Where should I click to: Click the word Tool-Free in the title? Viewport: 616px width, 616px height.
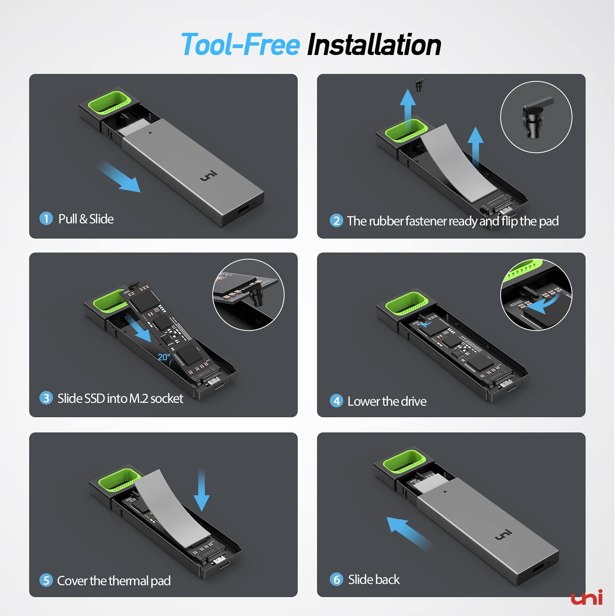pos(241,44)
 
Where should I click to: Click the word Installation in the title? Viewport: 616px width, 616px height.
pos(374,44)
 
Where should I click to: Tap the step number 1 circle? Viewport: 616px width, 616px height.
pos(46,218)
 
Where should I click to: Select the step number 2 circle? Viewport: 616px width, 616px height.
pos(336,221)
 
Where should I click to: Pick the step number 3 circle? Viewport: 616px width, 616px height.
pos(46,398)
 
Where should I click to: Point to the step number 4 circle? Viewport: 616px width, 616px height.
pos(337,401)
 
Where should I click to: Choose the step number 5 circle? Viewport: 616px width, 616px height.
pos(46,580)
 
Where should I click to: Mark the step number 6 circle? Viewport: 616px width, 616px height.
pos(336,579)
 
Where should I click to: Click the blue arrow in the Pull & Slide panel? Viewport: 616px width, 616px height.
pos(119,177)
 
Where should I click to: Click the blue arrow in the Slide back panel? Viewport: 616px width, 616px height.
pos(409,533)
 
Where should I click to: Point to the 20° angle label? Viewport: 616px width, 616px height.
pos(163,357)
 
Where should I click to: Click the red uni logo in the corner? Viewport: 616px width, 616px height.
pos(587,598)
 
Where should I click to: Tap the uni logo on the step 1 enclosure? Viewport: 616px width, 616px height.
pos(209,176)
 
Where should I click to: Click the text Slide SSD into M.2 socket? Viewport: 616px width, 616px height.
pos(120,398)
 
